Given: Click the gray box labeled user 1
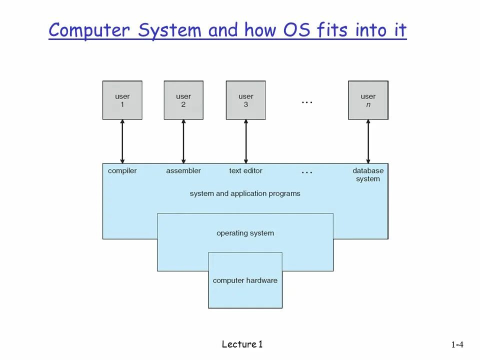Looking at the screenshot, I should [x=122, y=100].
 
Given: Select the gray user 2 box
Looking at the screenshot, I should [x=183, y=100].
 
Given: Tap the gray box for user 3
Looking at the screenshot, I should [x=245, y=100].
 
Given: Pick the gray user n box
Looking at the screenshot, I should [x=368, y=100].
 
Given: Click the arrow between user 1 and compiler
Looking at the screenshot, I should [x=122, y=141].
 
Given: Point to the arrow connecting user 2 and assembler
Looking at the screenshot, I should [x=183, y=141].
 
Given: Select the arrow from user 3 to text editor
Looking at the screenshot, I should [x=245, y=141].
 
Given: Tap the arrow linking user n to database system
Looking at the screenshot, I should [x=368, y=141].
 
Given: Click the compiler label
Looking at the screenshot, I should [x=122, y=171].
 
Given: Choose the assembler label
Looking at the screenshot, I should [x=183, y=171].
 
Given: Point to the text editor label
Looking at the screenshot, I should [x=245, y=171].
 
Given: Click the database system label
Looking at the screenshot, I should [x=368, y=174].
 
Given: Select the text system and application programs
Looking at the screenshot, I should [x=245, y=193].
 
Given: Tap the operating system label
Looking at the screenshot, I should [x=245, y=233].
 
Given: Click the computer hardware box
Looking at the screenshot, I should [x=245, y=280].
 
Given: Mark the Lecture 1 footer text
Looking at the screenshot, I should [x=242, y=344].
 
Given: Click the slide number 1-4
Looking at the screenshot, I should [x=457, y=344].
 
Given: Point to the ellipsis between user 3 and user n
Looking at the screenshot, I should [x=307, y=102].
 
